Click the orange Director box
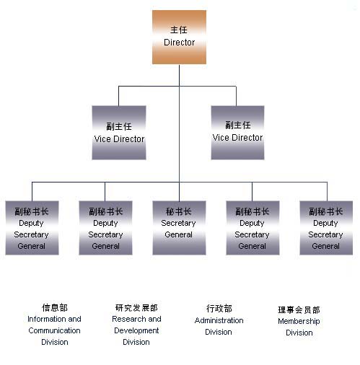click(x=179, y=37)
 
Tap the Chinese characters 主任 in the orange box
click(x=179, y=30)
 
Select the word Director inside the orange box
click(x=179, y=43)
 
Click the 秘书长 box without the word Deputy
click(x=179, y=228)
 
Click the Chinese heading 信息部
click(x=55, y=307)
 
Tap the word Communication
click(x=54, y=330)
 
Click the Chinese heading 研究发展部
click(x=136, y=307)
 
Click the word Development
click(x=136, y=330)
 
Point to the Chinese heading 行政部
click(x=219, y=309)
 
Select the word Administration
click(x=219, y=320)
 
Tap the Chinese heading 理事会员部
click(x=299, y=309)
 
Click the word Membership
click(x=299, y=321)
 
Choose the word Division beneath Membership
click(x=299, y=333)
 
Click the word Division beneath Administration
click(x=219, y=332)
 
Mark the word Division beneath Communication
click(x=55, y=342)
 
